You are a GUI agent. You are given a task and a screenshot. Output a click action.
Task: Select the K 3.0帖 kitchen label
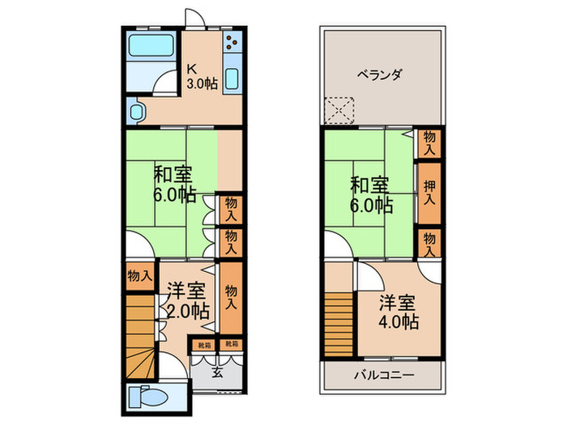click(x=201, y=75)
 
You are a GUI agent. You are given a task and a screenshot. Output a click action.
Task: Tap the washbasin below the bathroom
click(x=134, y=111)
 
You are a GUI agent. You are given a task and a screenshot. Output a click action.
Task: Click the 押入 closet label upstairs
click(x=429, y=191)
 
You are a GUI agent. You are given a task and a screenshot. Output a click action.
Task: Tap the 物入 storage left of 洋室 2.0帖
click(x=139, y=275)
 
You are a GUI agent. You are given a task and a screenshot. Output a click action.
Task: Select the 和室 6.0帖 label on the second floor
click(x=371, y=193)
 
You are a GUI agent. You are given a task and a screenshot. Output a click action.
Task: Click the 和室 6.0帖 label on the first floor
click(x=174, y=183)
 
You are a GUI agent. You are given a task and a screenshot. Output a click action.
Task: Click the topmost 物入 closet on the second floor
click(x=429, y=144)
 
